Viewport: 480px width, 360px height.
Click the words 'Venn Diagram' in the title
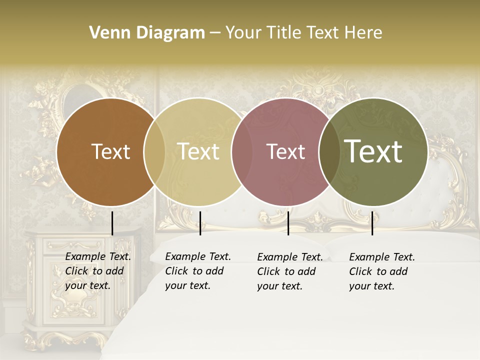[x=147, y=33]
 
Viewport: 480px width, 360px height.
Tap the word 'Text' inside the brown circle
[x=110, y=151]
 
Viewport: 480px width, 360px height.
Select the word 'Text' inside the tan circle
[x=198, y=151]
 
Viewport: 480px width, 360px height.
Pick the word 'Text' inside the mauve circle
[x=285, y=151]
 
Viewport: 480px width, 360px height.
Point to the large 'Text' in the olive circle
[x=373, y=151]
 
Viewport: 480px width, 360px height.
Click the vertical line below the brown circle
[x=112, y=223]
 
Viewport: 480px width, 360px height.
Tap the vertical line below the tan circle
[x=200, y=223]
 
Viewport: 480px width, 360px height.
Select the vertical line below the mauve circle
[x=288, y=223]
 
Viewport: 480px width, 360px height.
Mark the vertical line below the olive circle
[x=372, y=223]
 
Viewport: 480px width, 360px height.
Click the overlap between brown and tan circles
[x=154, y=151]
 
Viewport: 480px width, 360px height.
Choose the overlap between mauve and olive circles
[x=328, y=151]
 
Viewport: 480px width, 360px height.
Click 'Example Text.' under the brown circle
[x=98, y=257]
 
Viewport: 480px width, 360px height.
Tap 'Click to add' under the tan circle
[x=194, y=271]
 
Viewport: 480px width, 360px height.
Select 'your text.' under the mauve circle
[x=279, y=286]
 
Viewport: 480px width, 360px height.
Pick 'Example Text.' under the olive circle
[x=382, y=257]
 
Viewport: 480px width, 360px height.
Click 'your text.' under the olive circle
[x=371, y=286]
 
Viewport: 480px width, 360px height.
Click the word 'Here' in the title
[x=363, y=33]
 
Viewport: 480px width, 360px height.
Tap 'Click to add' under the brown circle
[x=94, y=271]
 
